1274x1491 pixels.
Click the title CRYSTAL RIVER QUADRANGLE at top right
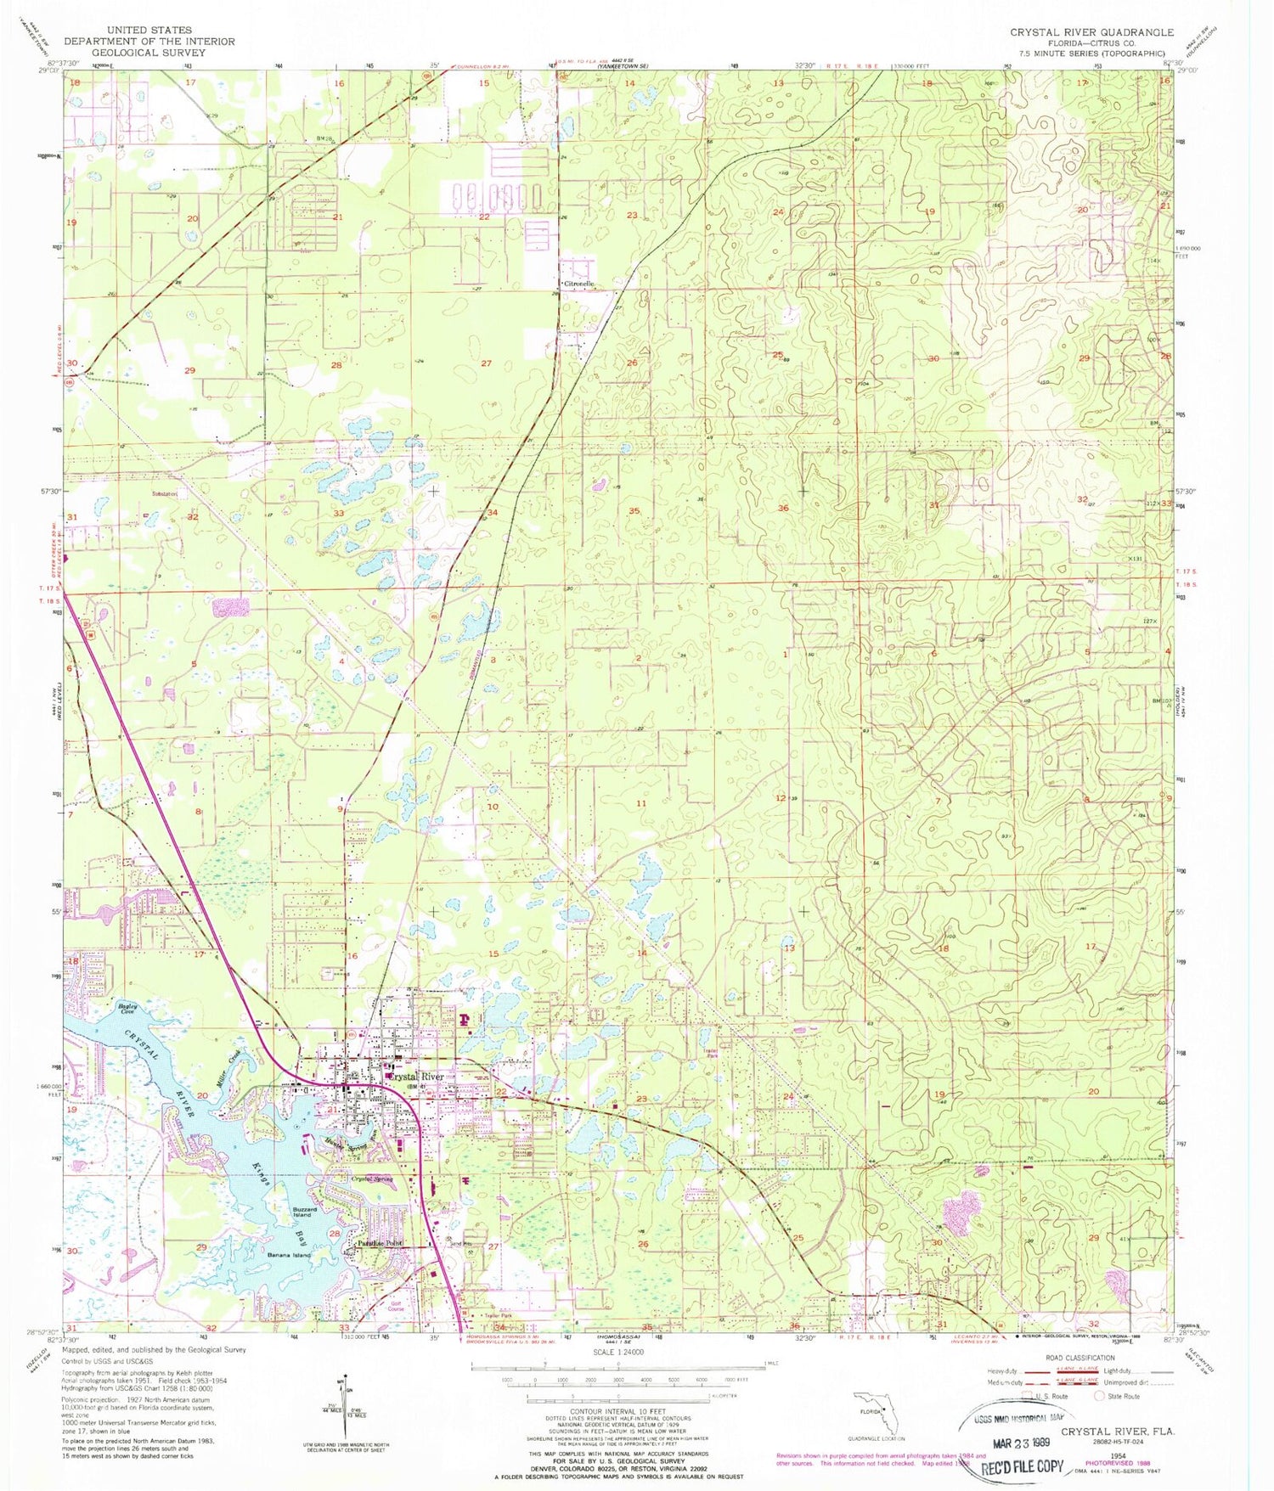coord(1091,32)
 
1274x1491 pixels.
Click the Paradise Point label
coord(379,1244)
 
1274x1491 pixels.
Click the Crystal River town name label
coord(415,1077)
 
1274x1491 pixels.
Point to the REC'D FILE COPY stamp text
coord(1023,1466)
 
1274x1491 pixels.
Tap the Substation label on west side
coord(165,494)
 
